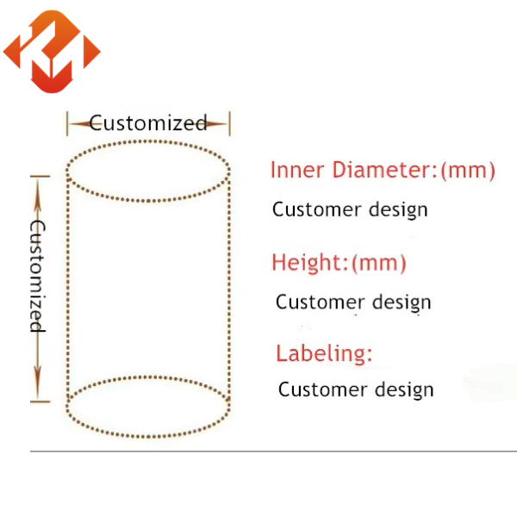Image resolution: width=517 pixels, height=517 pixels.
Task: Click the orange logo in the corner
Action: click(52, 52)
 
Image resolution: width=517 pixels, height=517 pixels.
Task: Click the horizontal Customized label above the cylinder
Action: click(148, 123)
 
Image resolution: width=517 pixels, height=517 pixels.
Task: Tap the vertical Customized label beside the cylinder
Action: click(38, 276)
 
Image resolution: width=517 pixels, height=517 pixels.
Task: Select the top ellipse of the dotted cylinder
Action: click(148, 172)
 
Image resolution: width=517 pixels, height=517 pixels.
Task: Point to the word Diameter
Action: click(382, 170)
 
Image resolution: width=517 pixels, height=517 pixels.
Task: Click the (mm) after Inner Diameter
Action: click(468, 170)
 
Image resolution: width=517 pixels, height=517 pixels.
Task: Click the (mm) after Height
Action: click(378, 262)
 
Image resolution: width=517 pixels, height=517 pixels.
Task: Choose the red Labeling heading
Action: click(324, 353)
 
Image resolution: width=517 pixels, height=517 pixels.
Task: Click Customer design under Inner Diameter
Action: click(350, 209)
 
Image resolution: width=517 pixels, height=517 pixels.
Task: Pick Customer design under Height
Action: click(353, 302)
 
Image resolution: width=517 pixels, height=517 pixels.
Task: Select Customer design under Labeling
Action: click(356, 389)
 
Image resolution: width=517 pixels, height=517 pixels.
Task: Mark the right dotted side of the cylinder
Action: click(230, 289)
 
